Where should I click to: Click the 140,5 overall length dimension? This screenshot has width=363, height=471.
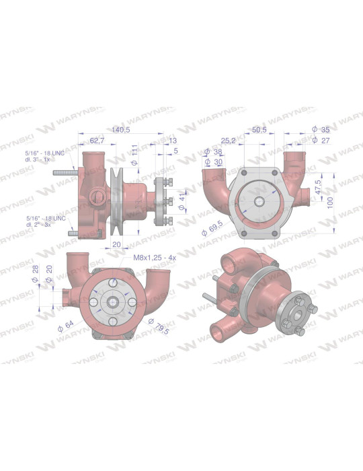point(120,130)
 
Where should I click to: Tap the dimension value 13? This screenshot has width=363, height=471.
point(174,140)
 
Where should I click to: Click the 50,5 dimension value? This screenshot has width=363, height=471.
point(258,130)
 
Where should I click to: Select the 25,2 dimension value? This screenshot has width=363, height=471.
point(229,141)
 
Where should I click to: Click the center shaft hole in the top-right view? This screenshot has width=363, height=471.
point(259,203)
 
